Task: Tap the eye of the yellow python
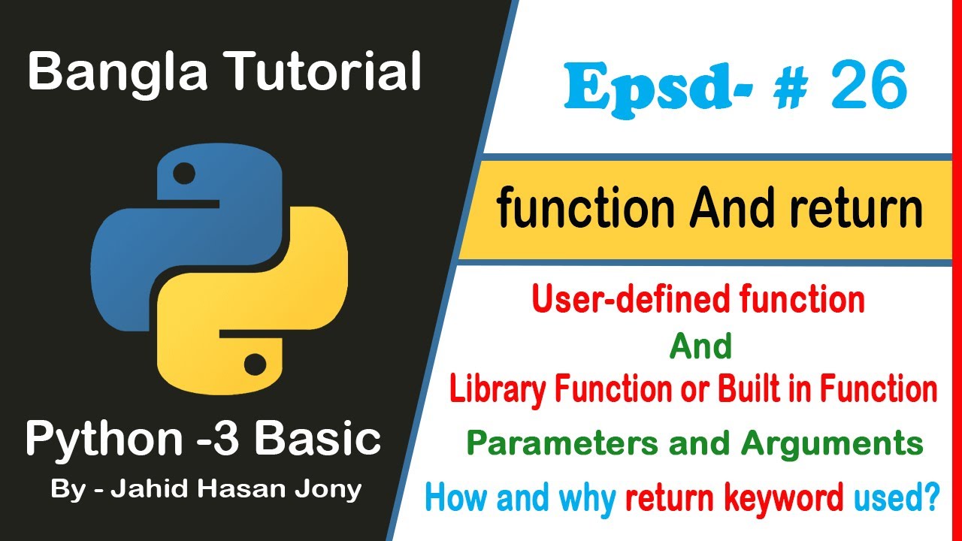coord(256,364)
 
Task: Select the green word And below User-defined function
coord(700,346)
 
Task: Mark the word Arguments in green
coord(832,444)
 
